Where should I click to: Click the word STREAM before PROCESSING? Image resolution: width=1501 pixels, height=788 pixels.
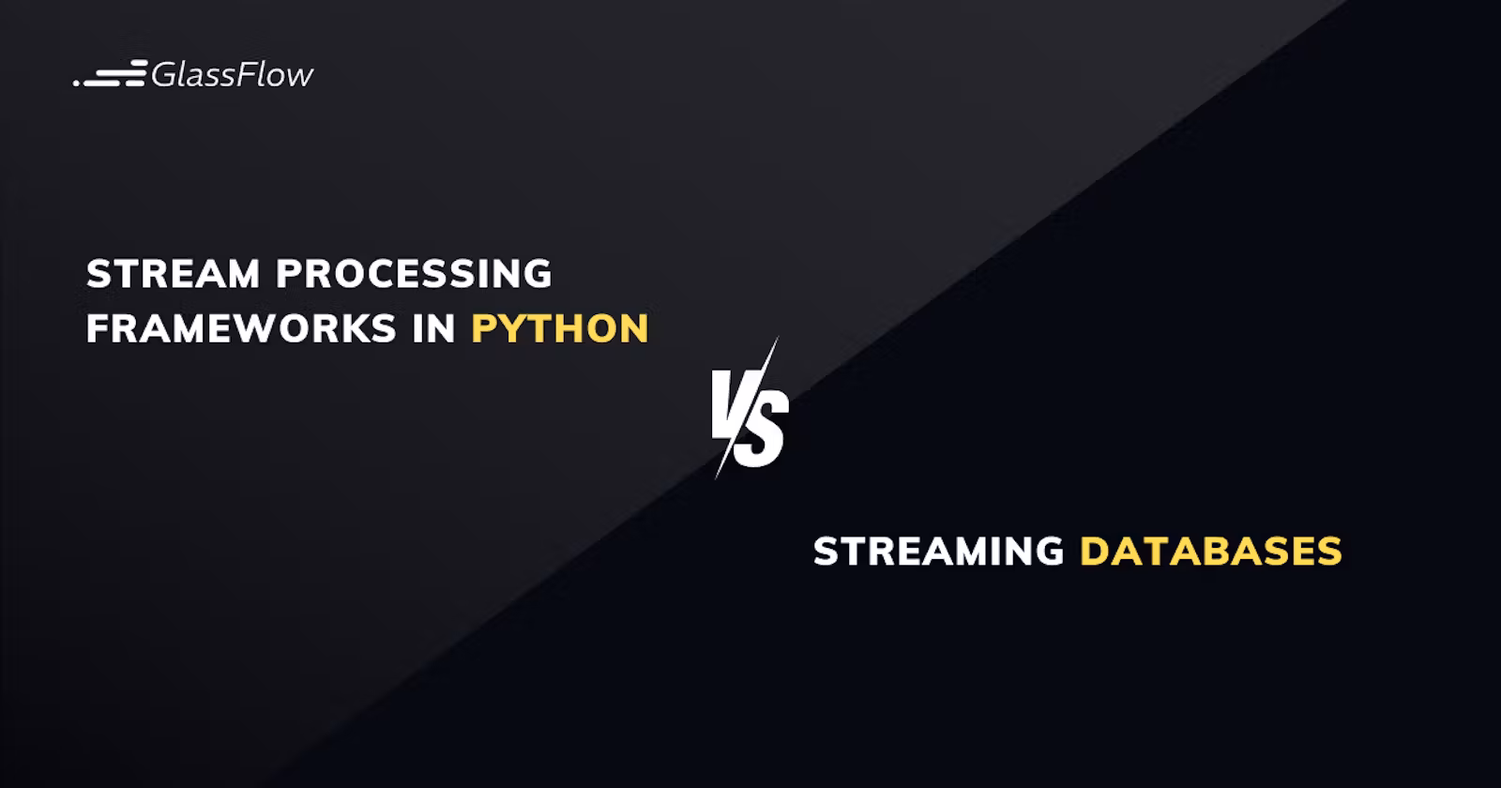[x=173, y=273]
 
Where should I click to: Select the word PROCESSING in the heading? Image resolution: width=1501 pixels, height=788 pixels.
[x=414, y=273]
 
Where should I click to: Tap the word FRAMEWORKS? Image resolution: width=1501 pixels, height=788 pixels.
[x=241, y=328]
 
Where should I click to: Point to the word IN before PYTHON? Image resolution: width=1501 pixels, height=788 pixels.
[x=434, y=328]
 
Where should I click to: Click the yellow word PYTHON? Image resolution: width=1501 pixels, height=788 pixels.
[x=560, y=328]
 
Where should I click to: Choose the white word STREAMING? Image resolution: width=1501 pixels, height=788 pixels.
[x=939, y=552]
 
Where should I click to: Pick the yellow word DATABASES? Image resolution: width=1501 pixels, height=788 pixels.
[x=1211, y=552]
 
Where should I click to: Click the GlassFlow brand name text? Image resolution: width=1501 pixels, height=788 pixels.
[x=232, y=74]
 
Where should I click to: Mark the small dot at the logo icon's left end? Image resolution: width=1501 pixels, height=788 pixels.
[x=76, y=83]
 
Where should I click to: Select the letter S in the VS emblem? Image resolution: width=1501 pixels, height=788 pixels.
[x=763, y=431]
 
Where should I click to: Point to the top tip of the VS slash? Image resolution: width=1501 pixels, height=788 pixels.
[x=778, y=337]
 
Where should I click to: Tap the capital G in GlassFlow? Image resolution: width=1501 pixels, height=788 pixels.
[x=163, y=74]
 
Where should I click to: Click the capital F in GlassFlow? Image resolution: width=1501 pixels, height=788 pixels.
[x=246, y=74]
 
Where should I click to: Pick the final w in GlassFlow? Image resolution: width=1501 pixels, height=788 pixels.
[x=299, y=77]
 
